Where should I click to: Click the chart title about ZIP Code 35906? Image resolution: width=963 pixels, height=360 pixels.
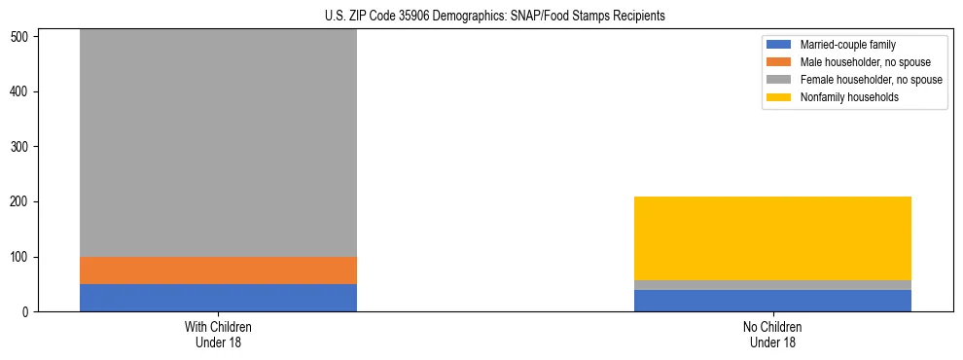[x=495, y=17]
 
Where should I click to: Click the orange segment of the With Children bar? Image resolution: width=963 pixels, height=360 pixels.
[x=218, y=270]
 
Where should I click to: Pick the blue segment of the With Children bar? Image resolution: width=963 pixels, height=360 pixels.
[x=218, y=298]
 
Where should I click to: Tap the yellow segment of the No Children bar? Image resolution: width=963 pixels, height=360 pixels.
[x=772, y=238]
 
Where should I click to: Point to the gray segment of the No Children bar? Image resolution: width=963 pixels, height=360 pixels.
[x=772, y=285]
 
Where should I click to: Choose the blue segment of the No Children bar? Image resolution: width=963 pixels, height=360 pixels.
[x=772, y=301]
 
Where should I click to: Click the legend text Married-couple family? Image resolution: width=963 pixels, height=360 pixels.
[x=848, y=45]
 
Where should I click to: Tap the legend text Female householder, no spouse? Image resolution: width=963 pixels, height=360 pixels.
[x=871, y=80]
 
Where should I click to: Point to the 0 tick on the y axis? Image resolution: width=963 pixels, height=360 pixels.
[x=28, y=312]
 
